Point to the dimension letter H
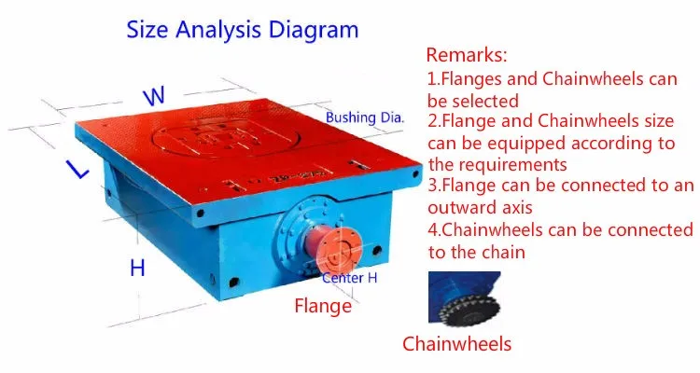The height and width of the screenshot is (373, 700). click(137, 269)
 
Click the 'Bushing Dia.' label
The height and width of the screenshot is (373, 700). click(365, 118)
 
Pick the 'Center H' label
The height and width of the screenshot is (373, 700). click(350, 278)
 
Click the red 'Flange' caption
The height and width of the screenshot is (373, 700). click(323, 305)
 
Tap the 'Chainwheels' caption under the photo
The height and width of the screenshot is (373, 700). click(456, 343)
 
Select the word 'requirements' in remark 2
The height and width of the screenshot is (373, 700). click(509, 164)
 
